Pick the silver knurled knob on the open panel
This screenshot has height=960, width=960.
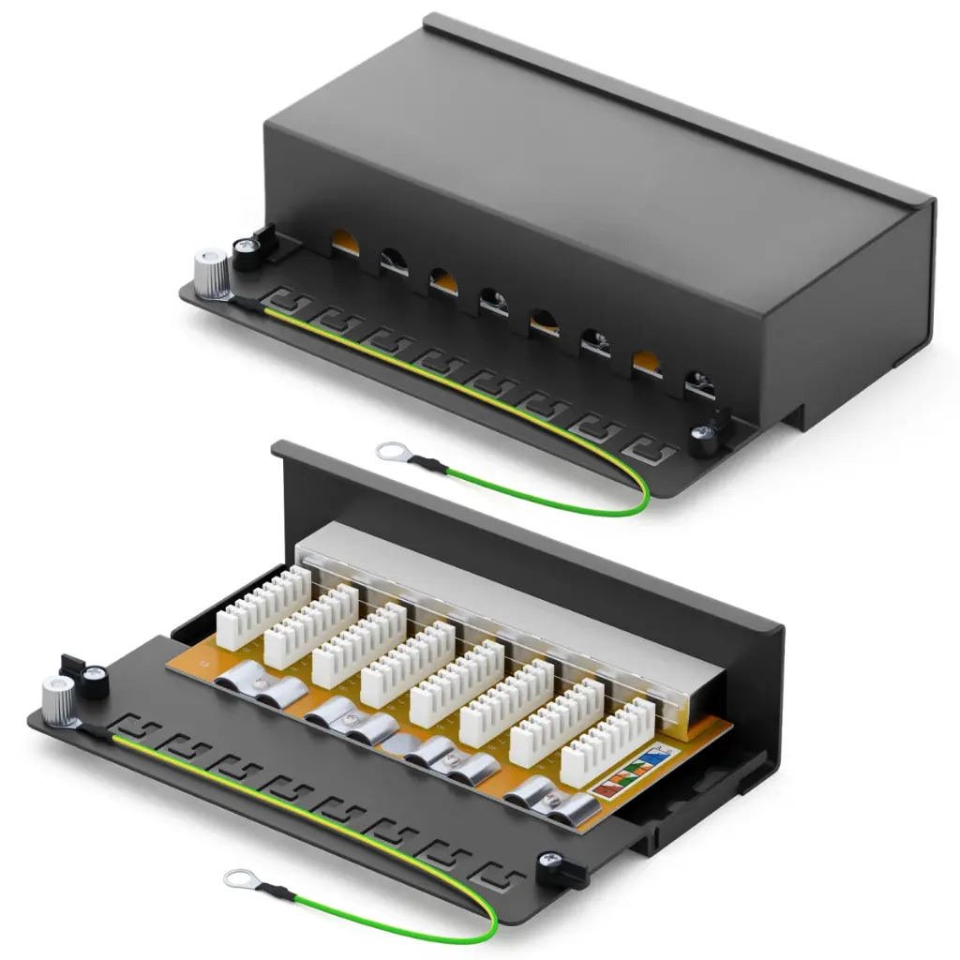click(59, 699)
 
